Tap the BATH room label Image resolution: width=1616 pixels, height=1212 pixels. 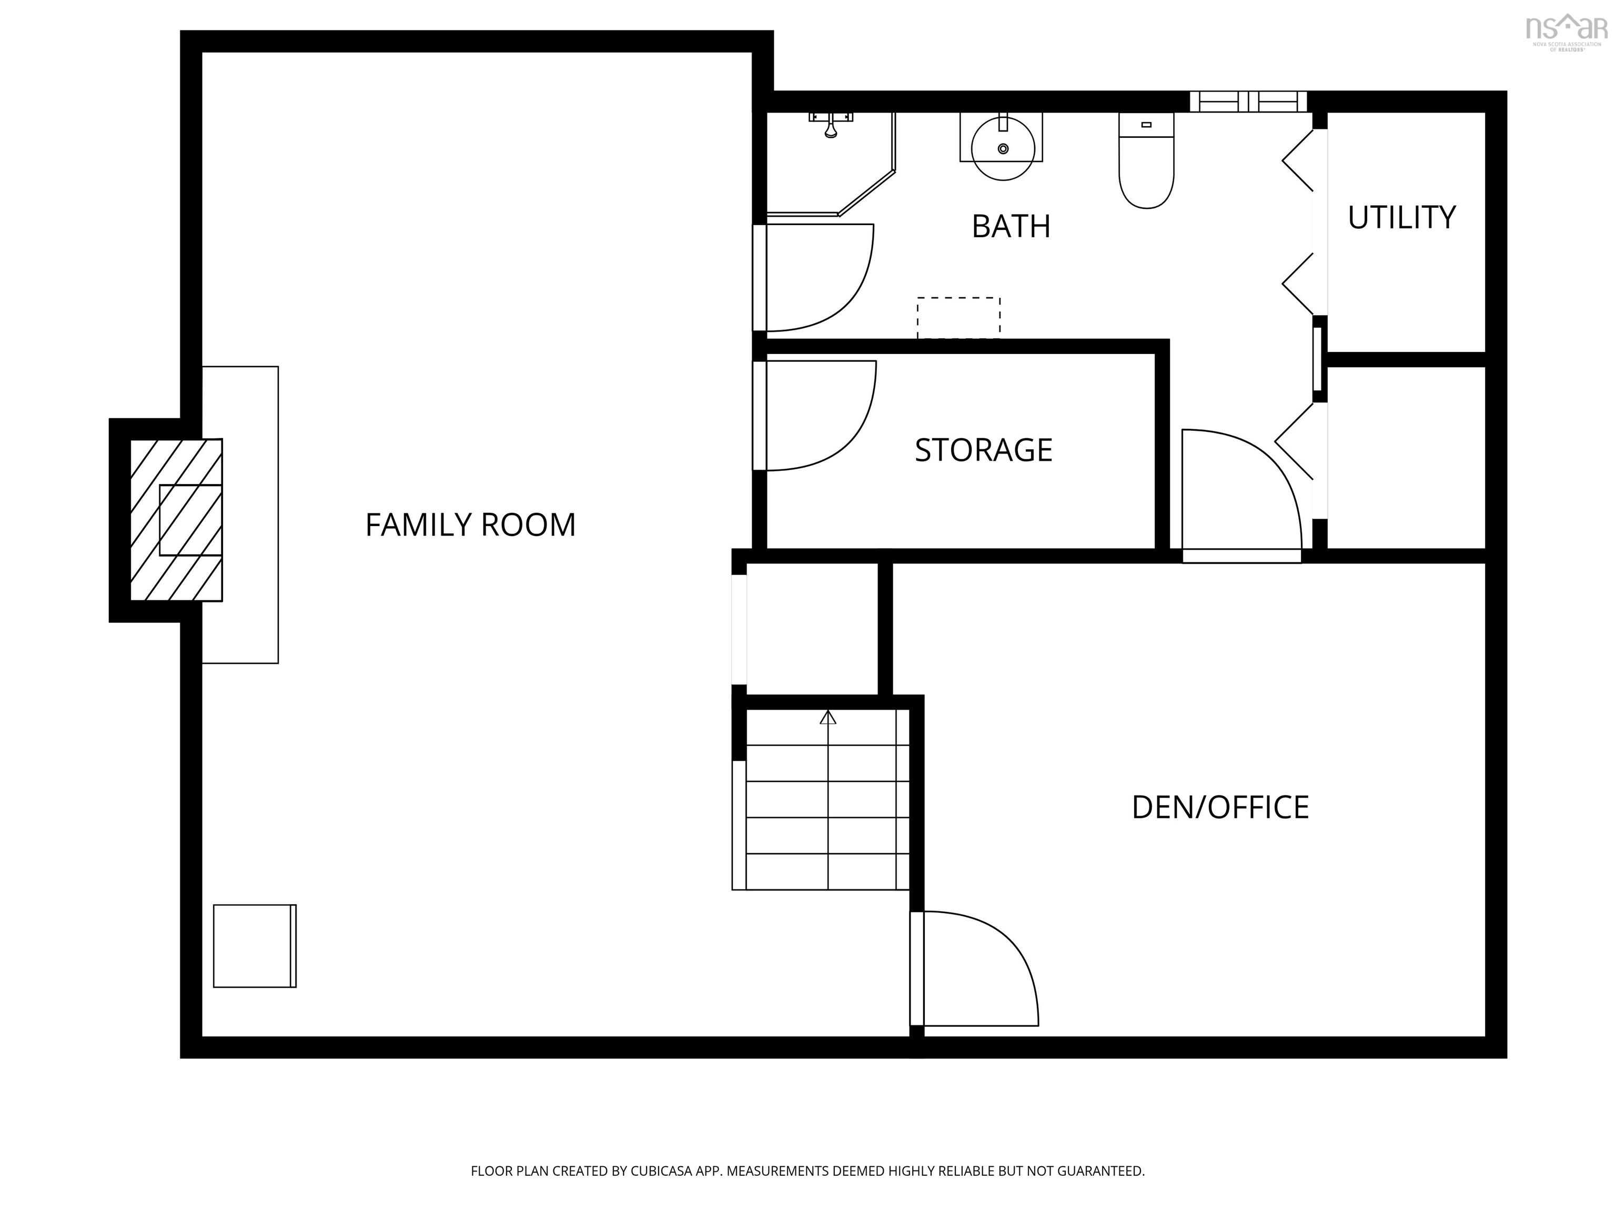click(1011, 227)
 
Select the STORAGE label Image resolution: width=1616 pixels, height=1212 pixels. click(983, 450)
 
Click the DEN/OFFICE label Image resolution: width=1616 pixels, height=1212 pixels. click(1219, 807)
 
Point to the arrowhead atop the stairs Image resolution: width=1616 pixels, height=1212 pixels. click(827, 718)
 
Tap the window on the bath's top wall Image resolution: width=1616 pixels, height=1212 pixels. click(1247, 102)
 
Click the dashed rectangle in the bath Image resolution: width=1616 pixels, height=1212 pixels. click(958, 318)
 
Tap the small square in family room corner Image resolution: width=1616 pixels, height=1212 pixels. click(254, 946)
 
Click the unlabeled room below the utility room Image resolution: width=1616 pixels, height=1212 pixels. click(1406, 457)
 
